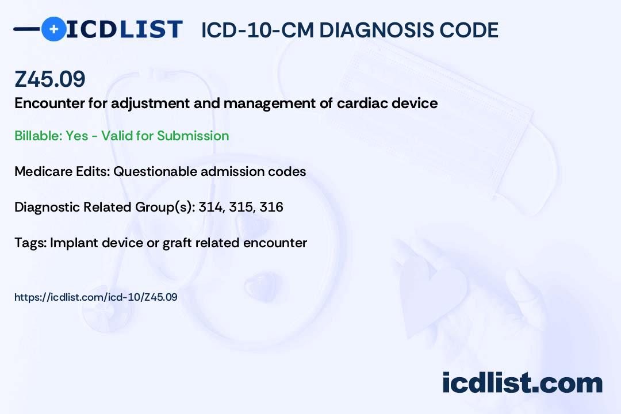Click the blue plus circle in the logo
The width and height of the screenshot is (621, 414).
[53, 29]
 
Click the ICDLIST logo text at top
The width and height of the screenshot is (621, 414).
[124, 29]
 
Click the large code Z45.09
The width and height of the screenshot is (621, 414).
[50, 79]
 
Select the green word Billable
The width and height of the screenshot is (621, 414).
[39, 136]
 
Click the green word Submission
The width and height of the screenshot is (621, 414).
[193, 136]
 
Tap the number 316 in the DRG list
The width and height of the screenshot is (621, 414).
[271, 207]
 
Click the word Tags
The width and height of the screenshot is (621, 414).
[31, 243]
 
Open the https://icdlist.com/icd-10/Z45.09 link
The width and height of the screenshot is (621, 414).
[96, 297]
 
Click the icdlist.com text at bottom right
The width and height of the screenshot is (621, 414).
[522, 382]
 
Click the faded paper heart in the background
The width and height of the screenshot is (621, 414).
[432, 291]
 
